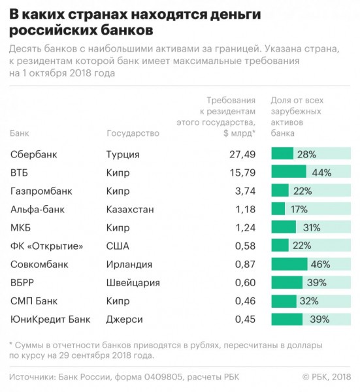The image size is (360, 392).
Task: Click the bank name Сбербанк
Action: tap(34, 154)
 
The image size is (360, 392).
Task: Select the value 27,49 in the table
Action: tap(242, 154)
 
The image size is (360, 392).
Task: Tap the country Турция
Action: tap(123, 155)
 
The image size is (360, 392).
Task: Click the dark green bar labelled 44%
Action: tap(289, 171)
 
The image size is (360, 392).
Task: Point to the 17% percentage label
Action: tap(299, 209)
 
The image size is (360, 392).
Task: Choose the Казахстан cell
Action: tap(130, 209)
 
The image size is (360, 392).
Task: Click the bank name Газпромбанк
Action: tap(41, 191)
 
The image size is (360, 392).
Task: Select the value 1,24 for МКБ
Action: tap(245, 228)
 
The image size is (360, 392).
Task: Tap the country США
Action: tap(118, 246)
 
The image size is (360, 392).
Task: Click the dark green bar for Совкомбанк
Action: tap(289, 264)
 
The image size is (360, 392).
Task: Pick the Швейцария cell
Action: tap(133, 283)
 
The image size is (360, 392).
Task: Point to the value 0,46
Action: tap(245, 301)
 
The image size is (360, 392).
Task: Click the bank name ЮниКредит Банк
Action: tap(50, 319)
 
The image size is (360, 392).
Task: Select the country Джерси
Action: tap(125, 319)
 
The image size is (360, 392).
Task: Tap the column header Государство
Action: tap(133, 133)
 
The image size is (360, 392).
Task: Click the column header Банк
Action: tap(20, 133)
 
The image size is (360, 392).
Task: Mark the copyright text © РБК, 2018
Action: tap(327, 377)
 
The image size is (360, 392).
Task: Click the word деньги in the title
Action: tap(235, 15)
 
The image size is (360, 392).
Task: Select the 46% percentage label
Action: tap(321, 264)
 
